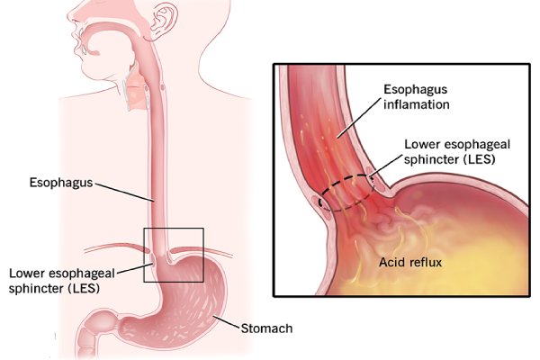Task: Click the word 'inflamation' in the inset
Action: coord(417,104)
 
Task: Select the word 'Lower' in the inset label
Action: coord(421,144)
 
